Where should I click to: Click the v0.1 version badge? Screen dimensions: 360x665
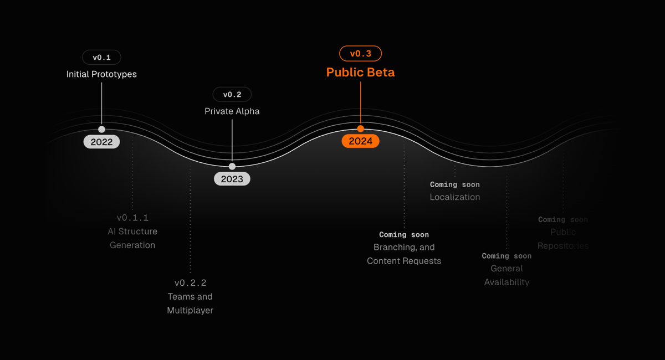click(x=101, y=57)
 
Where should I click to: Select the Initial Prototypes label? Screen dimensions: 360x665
click(x=101, y=74)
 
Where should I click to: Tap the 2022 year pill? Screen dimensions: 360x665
click(x=101, y=142)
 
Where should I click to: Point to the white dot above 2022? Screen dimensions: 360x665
click(x=101, y=129)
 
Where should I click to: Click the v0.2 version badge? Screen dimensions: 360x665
click(x=232, y=95)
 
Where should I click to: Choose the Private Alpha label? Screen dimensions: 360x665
click(x=232, y=111)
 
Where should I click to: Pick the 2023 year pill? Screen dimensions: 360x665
click(x=232, y=179)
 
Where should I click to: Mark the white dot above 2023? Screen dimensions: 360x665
click(x=232, y=166)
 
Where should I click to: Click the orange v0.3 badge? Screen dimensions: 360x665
click(x=360, y=54)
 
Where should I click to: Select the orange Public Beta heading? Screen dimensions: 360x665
click(x=360, y=73)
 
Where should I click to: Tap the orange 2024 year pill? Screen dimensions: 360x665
click(x=360, y=141)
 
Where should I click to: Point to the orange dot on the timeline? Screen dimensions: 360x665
click(x=360, y=128)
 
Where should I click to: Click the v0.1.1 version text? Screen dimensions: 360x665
click(x=132, y=218)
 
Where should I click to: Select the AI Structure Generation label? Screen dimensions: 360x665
click(x=132, y=238)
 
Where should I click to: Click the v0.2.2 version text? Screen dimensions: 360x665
click(x=190, y=283)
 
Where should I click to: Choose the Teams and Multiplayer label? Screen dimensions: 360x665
click(x=190, y=304)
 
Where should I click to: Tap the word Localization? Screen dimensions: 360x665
click(x=455, y=197)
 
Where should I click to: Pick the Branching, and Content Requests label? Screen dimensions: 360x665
click(x=404, y=254)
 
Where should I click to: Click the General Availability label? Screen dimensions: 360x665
click(x=507, y=275)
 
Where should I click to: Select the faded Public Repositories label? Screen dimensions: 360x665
click(x=563, y=239)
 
